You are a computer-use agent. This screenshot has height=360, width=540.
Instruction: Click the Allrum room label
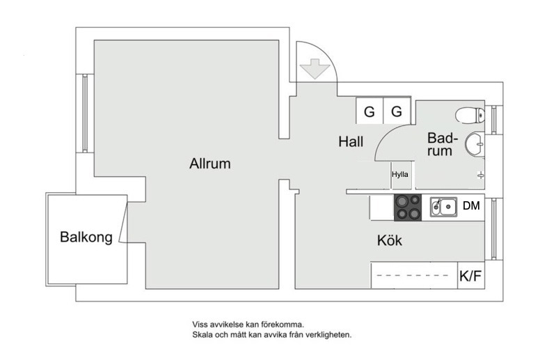click(x=209, y=164)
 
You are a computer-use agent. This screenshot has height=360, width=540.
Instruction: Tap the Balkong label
click(x=86, y=237)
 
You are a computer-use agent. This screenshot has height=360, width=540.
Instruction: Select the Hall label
click(x=351, y=142)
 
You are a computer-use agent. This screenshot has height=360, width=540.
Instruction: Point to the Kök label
click(x=390, y=242)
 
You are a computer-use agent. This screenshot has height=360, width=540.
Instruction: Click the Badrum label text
click(x=441, y=144)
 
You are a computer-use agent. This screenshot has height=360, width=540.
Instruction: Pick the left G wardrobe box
click(x=370, y=111)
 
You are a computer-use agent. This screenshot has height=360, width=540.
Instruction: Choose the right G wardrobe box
click(x=397, y=111)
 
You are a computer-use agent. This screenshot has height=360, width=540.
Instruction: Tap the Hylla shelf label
click(x=400, y=175)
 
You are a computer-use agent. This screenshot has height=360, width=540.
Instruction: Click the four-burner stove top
click(x=408, y=207)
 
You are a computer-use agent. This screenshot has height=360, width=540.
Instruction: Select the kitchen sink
click(x=443, y=206)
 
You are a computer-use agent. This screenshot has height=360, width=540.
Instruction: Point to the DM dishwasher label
click(x=471, y=206)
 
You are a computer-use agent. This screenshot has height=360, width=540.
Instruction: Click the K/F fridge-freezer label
click(x=470, y=276)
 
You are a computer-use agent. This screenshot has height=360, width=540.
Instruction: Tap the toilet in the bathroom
click(x=470, y=114)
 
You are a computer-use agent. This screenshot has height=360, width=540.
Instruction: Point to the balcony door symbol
click(x=123, y=222)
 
